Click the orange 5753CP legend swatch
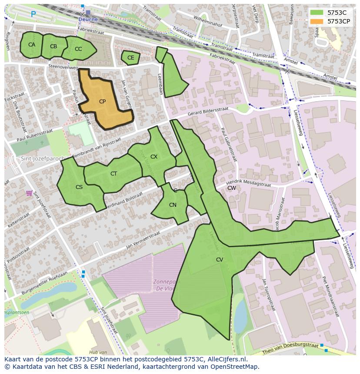click(x=317, y=21)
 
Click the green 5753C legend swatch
click(x=317, y=13)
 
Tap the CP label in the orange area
click(x=102, y=102)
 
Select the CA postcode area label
click(x=32, y=45)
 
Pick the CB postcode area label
click(x=53, y=46)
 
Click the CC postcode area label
click(x=78, y=49)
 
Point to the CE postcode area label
click(x=131, y=57)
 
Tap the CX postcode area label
click(x=154, y=156)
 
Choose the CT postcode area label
click(x=113, y=174)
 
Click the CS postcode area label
click(x=79, y=187)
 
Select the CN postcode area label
click(x=173, y=205)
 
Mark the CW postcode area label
click(x=232, y=188)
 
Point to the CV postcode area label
click(x=220, y=260)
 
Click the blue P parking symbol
click(x=33, y=14)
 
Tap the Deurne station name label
click(x=88, y=20)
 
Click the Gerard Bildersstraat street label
click(x=208, y=112)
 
